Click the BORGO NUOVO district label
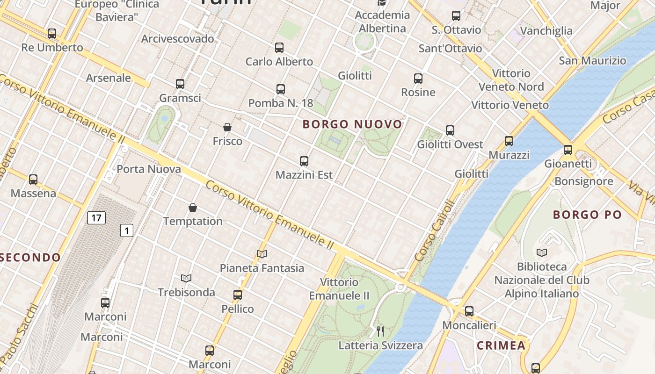click(x=352, y=124)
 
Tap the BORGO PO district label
click(x=587, y=215)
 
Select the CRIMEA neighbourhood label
click(x=501, y=346)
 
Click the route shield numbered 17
click(x=96, y=217)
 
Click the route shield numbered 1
click(x=127, y=230)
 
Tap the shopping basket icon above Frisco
click(x=227, y=127)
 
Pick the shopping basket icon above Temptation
click(x=193, y=208)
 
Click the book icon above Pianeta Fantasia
click(x=262, y=254)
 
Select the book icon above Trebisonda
click(x=186, y=279)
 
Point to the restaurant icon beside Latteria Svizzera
click(x=380, y=331)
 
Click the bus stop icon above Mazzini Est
click(x=304, y=161)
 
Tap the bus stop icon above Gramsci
click(x=180, y=84)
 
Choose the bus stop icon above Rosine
click(x=418, y=79)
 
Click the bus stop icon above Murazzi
click(x=509, y=141)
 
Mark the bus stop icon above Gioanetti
click(x=568, y=150)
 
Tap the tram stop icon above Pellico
click(x=238, y=295)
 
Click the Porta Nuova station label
click(x=148, y=169)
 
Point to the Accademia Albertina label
click(x=382, y=22)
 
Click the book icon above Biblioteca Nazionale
click(x=542, y=253)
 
